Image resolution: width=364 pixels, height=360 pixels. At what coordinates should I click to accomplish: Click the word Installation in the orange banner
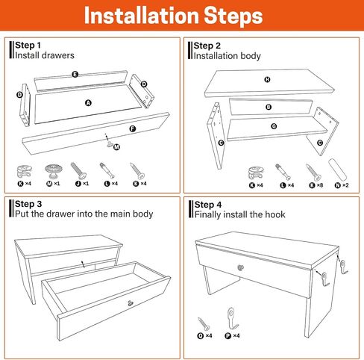pos(142,16)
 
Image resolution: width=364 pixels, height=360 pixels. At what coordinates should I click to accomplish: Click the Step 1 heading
pos(28,46)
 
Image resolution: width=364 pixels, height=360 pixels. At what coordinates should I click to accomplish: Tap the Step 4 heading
pos(207,205)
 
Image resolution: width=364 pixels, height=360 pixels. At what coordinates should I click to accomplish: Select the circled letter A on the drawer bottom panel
pos(88,103)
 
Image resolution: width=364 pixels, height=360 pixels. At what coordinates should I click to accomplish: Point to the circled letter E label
pos(75,74)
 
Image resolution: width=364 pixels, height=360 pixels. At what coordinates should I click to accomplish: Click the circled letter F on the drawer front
pos(133,128)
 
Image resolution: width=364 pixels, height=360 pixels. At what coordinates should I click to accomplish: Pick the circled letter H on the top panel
pos(267,79)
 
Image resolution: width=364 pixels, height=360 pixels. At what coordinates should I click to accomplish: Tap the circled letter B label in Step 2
pos(269,107)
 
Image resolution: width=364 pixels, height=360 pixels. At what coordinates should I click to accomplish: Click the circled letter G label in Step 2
pos(274,126)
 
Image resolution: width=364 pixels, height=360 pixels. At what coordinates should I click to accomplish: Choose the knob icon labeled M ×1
pos(53,171)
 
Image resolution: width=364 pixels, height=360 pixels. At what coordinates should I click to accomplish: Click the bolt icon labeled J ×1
pos(78,171)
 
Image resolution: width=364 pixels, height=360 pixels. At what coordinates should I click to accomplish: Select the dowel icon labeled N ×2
pos(337,170)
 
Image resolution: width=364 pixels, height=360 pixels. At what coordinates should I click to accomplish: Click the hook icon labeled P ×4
pos(232,318)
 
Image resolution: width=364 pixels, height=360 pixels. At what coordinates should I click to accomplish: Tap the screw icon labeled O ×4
pos(204,324)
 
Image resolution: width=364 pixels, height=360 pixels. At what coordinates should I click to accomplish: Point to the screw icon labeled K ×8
pos(313,173)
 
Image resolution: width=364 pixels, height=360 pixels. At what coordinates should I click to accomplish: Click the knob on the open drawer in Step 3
pos(131,303)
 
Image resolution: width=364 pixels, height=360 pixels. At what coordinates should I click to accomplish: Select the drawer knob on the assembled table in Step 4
pos(241,267)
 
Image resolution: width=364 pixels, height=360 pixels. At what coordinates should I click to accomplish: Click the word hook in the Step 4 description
pos(275,214)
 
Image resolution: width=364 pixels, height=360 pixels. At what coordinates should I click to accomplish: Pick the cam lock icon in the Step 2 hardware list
pos(256,173)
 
